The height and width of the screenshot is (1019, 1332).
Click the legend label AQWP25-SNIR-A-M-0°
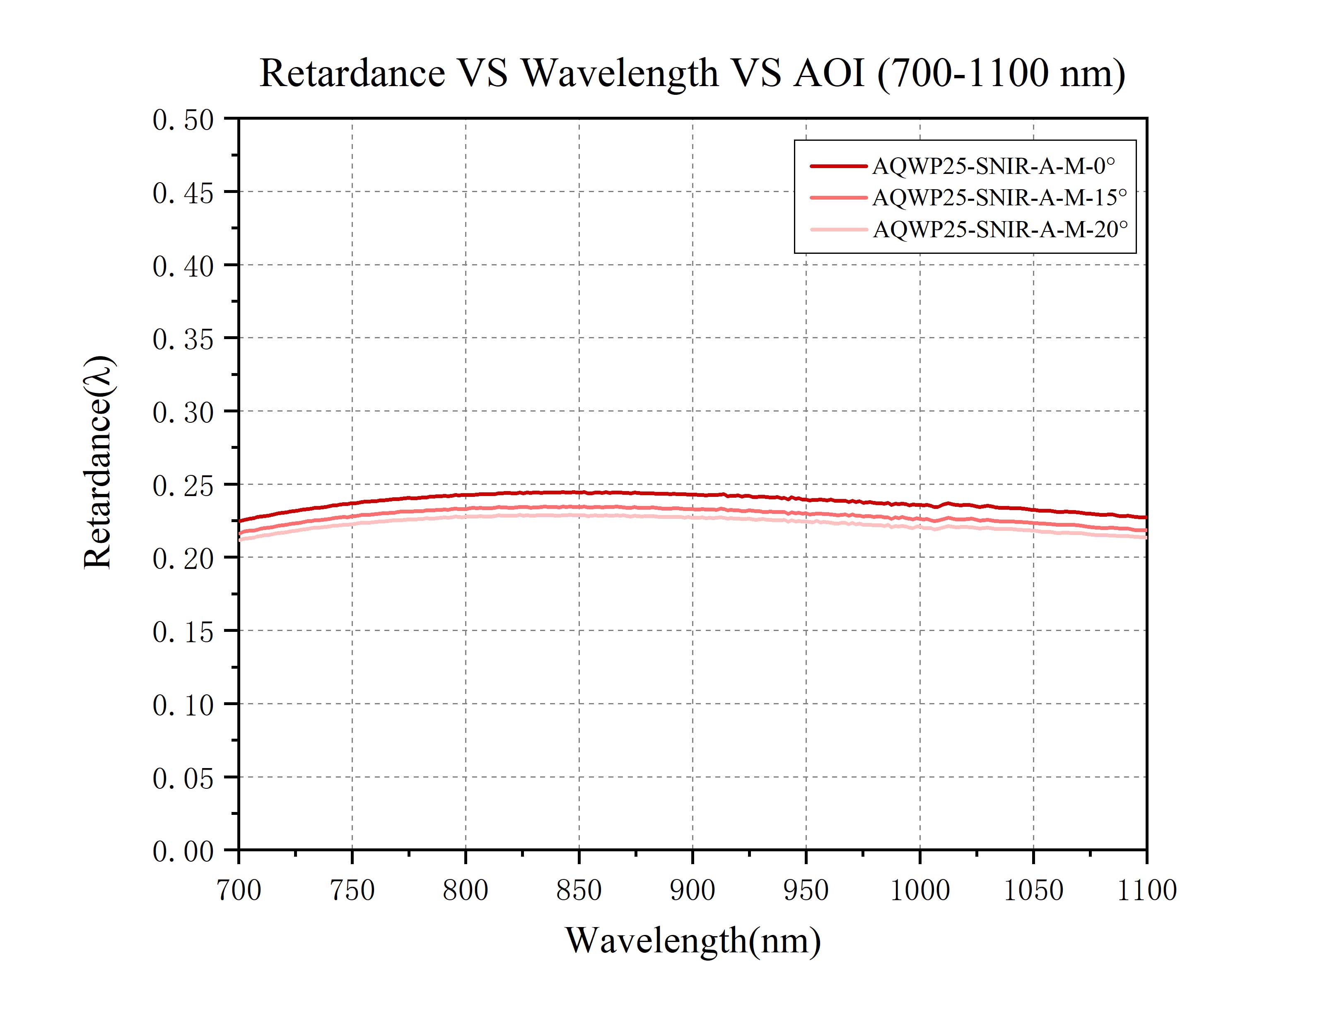(993, 166)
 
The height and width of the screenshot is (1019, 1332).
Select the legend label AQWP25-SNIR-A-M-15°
(999, 197)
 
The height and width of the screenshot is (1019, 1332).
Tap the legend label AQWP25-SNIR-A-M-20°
(999, 229)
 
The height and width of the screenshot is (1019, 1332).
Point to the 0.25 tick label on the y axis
(183, 486)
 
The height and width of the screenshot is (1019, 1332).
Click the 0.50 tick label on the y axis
(183, 120)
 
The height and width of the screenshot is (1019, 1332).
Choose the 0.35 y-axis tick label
(183, 340)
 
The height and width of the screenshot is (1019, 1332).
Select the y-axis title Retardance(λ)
(98, 462)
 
